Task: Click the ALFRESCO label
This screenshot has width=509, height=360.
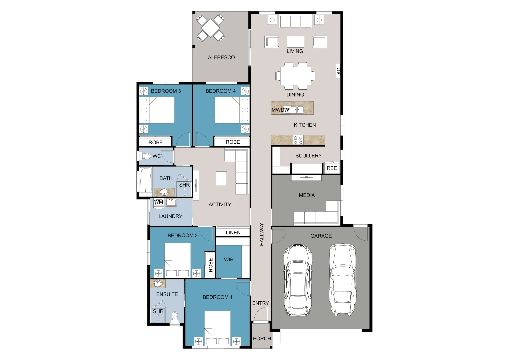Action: click(x=221, y=57)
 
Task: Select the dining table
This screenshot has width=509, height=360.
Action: click(x=295, y=76)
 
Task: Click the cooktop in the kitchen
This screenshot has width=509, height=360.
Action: click(x=298, y=140)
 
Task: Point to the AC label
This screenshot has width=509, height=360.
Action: click(x=339, y=71)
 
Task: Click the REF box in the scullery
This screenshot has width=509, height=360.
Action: click(x=332, y=168)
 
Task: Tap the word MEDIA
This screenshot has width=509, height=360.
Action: click(x=307, y=195)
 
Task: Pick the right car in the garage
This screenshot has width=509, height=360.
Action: click(x=342, y=280)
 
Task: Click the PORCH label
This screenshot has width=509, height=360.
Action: click(x=262, y=338)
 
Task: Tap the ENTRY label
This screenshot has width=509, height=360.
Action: click(x=260, y=303)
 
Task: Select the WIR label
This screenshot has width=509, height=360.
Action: click(x=229, y=259)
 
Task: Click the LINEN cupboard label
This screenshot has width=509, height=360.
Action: click(x=233, y=232)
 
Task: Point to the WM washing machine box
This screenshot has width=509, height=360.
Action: click(x=159, y=202)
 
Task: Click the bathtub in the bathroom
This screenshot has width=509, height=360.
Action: click(x=145, y=180)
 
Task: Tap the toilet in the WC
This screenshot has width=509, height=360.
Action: click(x=146, y=156)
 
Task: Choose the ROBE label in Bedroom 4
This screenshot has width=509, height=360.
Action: click(x=233, y=142)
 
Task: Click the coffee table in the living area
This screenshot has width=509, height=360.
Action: click(x=295, y=42)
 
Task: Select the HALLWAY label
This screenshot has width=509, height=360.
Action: click(x=262, y=234)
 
